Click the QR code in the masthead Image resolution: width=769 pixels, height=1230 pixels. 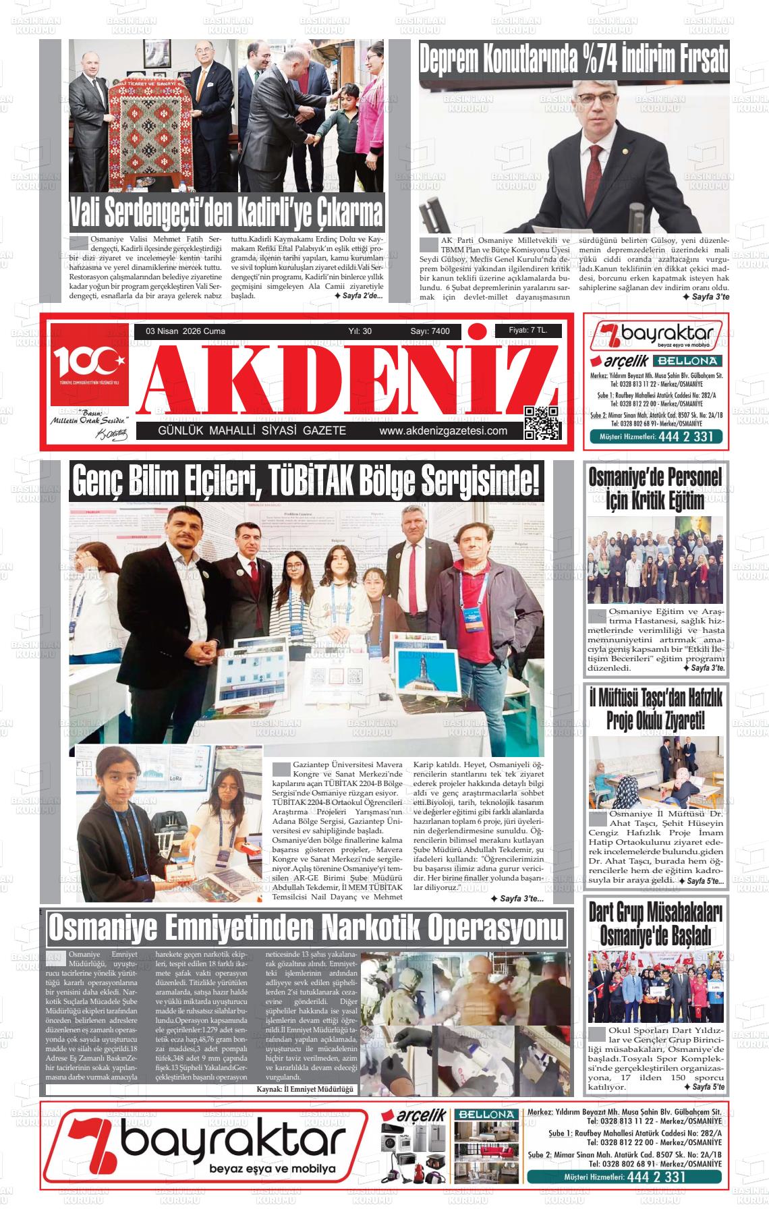(542, 423)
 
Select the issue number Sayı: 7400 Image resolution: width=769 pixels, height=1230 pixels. (430, 331)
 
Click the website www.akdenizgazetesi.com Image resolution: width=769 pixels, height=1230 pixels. (443, 431)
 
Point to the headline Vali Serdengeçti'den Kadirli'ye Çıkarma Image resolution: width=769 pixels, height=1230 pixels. (227, 213)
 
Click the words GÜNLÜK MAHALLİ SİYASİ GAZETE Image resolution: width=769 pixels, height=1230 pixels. (252, 431)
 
